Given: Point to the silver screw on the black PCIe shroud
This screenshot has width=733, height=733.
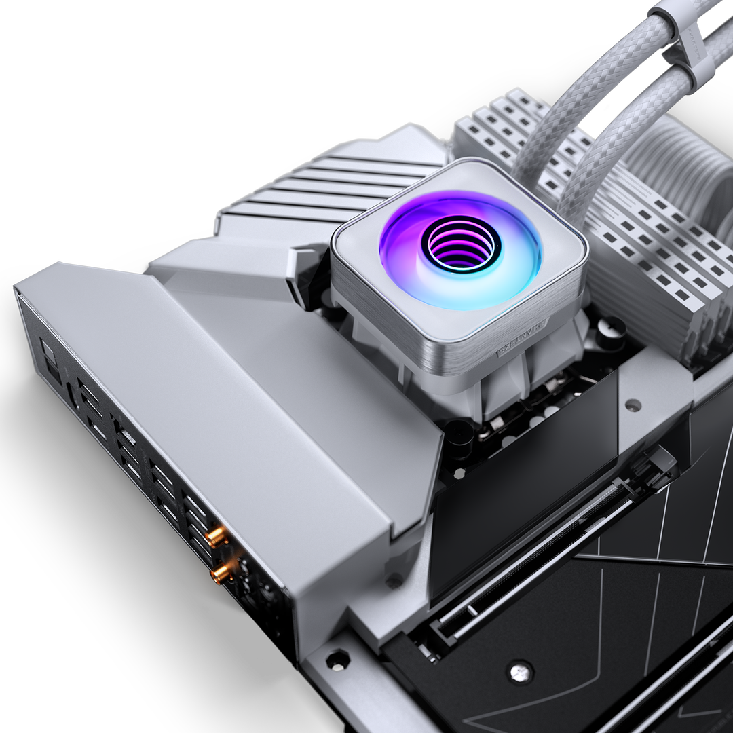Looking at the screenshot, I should click(521, 670).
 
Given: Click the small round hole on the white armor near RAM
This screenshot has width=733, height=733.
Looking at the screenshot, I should click(633, 405).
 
